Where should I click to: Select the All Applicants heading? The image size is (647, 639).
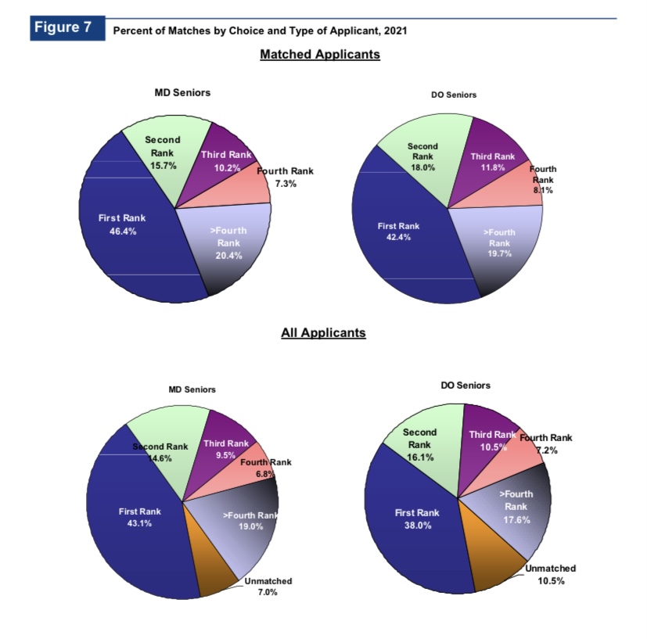323,332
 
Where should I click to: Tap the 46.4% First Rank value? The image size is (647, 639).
122,232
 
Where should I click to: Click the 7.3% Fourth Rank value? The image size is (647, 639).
286,184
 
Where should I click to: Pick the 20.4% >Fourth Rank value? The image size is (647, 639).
228,256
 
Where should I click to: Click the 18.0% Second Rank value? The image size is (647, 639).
422,167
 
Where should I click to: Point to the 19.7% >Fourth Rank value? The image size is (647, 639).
499,253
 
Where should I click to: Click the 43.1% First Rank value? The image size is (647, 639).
139,523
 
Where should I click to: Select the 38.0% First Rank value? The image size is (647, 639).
417,525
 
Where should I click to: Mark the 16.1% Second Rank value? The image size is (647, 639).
420,456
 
